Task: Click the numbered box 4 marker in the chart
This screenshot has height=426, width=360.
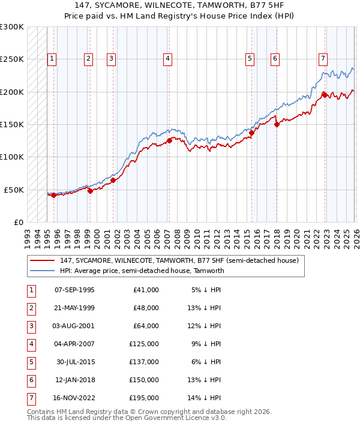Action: click(167, 58)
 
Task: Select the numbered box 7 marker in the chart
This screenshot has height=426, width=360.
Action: click(323, 58)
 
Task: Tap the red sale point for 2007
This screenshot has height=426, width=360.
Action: click(169, 140)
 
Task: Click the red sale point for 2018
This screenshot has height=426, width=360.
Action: click(277, 124)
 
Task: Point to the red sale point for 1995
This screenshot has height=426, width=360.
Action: click(53, 195)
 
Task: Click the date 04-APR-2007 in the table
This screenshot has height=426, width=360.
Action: click(74, 344)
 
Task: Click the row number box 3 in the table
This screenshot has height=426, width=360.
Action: click(30, 326)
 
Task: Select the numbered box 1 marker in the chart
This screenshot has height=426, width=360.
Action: click(52, 58)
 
